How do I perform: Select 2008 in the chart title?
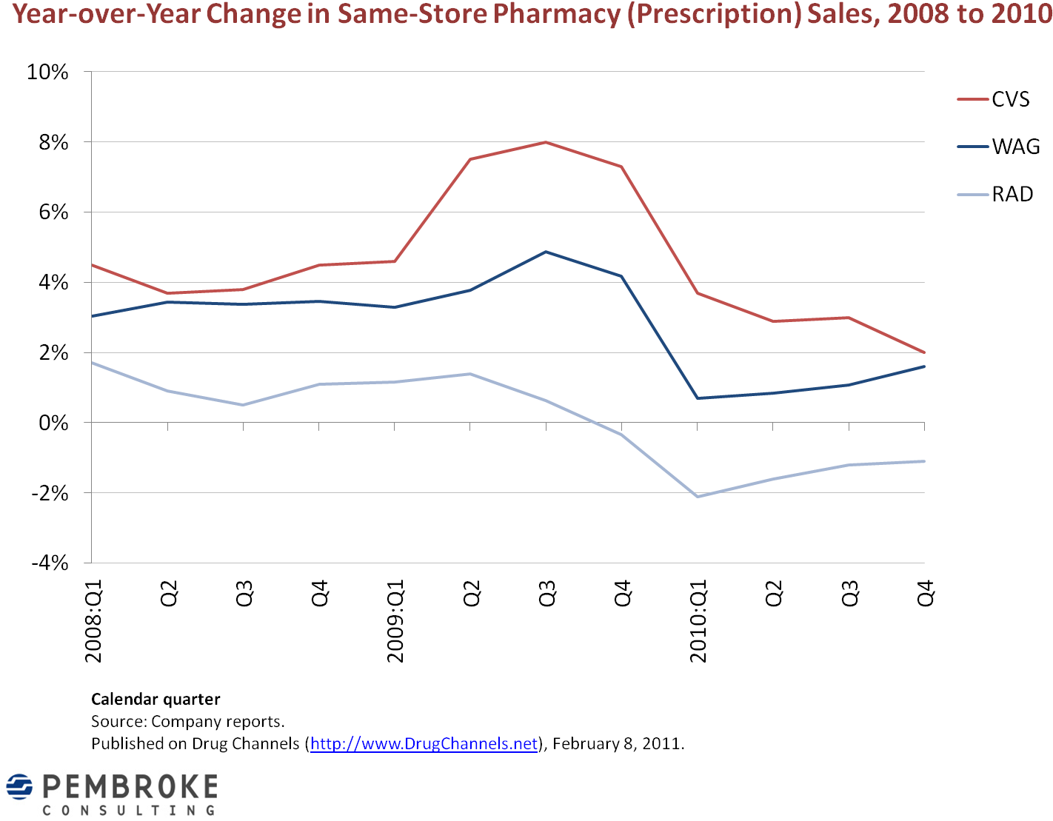click(x=918, y=14)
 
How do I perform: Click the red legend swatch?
click(x=972, y=99)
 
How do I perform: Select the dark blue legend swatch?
click(x=972, y=147)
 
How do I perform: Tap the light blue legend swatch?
click(x=972, y=195)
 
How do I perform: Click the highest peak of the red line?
click(x=546, y=141)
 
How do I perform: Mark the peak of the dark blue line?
click(x=546, y=252)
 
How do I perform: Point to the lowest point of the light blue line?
click(x=698, y=496)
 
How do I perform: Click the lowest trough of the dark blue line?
click(x=698, y=398)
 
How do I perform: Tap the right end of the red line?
click(x=924, y=352)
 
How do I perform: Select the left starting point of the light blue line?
click(x=92, y=362)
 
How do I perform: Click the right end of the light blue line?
click(x=924, y=461)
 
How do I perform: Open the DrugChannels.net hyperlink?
click(x=424, y=743)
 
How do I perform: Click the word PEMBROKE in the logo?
click(x=130, y=786)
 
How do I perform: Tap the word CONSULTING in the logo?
click(x=130, y=811)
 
